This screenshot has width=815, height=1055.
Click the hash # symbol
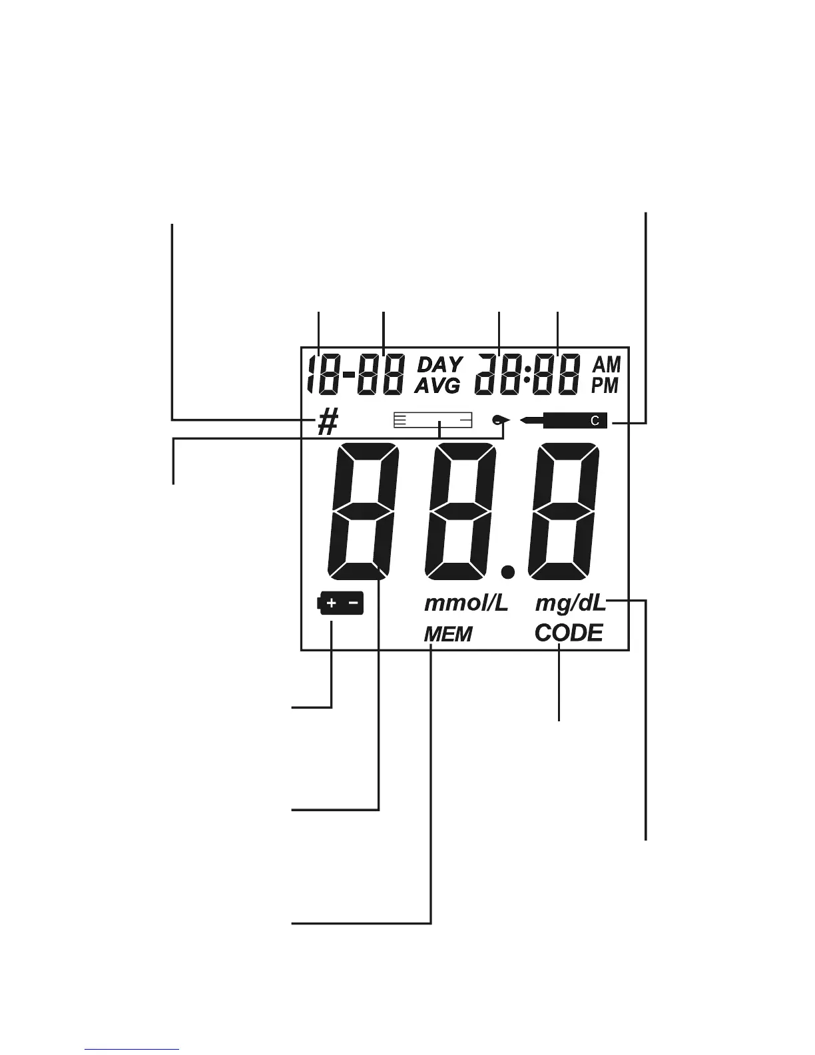[327, 422]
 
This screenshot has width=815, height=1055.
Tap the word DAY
[439, 365]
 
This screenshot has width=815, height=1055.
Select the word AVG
[437, 385]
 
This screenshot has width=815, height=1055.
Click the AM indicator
[607, 364]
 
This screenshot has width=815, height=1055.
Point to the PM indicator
[605, 385]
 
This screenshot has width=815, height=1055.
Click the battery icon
[341, 603]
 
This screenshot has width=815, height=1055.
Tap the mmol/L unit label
[466, 603]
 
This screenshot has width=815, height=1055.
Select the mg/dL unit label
[570, 604]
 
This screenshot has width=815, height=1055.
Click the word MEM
[448, 634]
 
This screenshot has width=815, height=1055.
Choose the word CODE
[569, 633]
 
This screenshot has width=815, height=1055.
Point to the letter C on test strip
[596, 420]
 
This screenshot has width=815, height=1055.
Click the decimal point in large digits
[508, 571]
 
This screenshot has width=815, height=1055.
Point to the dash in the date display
[350, 374]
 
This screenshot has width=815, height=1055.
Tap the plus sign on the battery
[332, 603]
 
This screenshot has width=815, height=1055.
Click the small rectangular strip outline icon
[433, 420]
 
